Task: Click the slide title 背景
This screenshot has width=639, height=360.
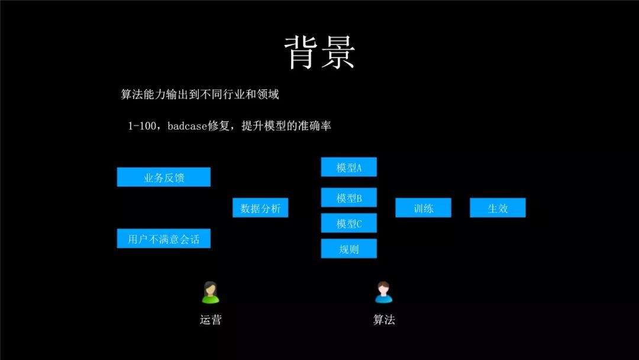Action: coord(319,52)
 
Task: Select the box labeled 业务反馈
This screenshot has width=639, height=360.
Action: coord(163,177)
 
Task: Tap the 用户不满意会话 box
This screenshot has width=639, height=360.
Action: coord(163,239)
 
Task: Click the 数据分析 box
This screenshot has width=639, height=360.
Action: coord(260,208)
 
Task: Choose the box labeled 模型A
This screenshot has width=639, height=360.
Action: coord(348,167)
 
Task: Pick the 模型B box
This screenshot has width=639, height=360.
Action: coord(348,198)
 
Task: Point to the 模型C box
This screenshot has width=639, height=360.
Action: coord(348,223)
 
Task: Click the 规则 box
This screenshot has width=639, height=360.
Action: coord(348,249)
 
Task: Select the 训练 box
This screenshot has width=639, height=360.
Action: coord(423,208)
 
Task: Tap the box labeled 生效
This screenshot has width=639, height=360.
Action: coord(498,208)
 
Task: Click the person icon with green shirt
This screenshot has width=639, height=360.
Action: coord(210,292)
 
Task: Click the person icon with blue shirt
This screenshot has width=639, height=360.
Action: coord(383,292)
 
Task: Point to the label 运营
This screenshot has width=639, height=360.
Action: coord(210,320)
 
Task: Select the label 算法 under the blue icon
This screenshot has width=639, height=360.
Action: coord(383,320)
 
